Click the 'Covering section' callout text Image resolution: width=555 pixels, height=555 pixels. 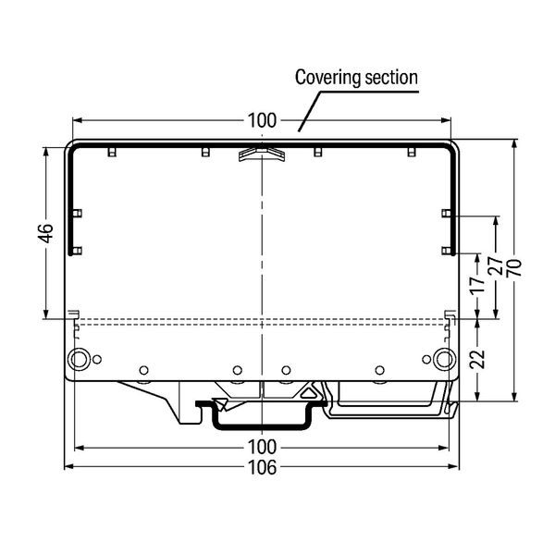(x=356, y=78)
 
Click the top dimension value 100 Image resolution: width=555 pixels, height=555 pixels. (x=262, y=121)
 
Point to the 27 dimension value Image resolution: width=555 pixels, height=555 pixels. (x=496, y=268)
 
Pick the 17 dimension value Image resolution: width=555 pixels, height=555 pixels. (x=476, y=286)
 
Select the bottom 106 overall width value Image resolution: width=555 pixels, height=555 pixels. (x=262, y=468)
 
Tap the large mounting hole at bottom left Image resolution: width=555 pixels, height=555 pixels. (x=79, y=359)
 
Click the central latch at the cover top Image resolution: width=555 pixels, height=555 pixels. (x=262, y=153)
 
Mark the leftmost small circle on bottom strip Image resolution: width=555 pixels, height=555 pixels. (x=143, y=371)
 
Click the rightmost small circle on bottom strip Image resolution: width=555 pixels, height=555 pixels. (x=379, y=371)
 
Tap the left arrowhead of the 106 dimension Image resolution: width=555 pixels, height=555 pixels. (x=67, y=468)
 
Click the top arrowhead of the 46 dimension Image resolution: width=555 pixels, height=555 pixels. (x=45, y=148)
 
